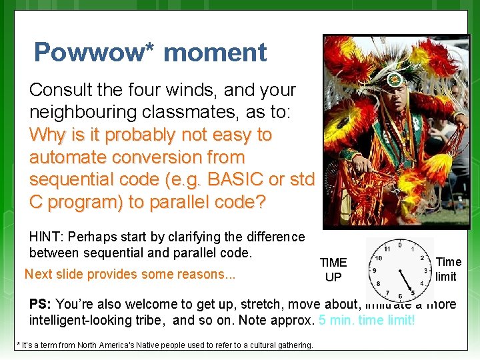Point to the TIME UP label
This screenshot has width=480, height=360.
(333, 269)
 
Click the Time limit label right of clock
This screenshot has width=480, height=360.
(448, 269)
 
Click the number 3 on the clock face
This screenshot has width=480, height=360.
(425, 271)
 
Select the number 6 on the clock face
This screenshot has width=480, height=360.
(399, 296)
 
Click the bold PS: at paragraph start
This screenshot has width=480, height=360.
(40, 304)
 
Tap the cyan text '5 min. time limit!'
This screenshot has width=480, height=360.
(367, 320)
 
